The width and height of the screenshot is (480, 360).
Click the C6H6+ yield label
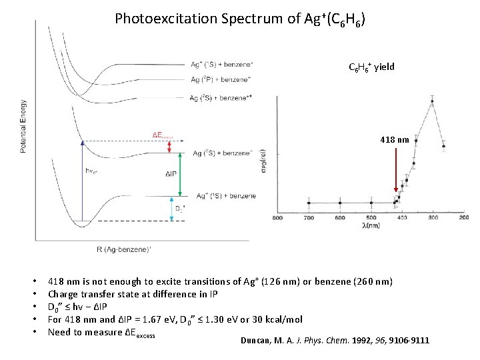pyautogui.click(x=371, y=67)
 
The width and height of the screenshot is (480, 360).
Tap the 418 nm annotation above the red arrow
pyautogui.click(x=394, y=140)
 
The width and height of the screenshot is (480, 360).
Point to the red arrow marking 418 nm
pyautogui.click(x=396, y=173)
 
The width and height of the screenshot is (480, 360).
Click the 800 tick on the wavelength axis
pyautogui.click(x=277, y=218)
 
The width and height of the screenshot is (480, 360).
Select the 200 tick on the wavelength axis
pyautogui.click(x=464, y=218)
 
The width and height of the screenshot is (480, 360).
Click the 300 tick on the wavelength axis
pyautogui.click(x=433, y=218)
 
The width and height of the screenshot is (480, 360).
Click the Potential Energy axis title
pyautogui.click(x=24, y=126)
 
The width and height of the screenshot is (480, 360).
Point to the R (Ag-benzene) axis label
pyautogui.click(x=134, y=249)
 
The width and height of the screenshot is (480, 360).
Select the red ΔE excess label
pyautogui.click(x=163, y=135)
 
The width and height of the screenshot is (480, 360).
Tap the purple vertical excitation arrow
pyautogui.click(x=81, y=180)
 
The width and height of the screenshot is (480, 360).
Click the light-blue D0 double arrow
pyautogui.click(x=172, y=208)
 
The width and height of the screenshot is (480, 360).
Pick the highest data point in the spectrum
pyautogui.click(x=433, y=102)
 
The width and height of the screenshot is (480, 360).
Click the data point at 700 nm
pyautogui.click(x=309, y=203)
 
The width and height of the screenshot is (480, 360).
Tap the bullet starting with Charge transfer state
pyautogui.click(x=133, y=294)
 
